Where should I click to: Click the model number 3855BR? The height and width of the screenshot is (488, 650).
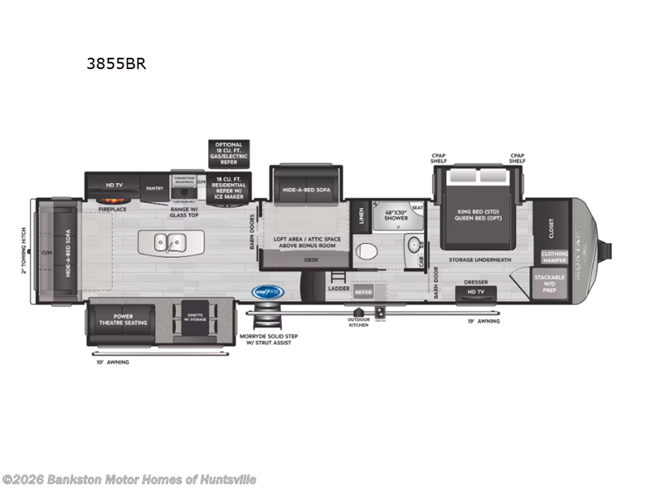pos(116,64)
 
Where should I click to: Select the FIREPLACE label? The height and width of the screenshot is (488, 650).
pos(112,209)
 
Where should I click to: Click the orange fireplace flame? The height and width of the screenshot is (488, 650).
pos(112,201)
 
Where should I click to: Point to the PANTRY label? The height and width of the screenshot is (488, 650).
pos(154,188)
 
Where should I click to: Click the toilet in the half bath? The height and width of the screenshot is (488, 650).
pos(366,250)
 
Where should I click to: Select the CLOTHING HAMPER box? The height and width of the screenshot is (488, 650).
pos(554,256)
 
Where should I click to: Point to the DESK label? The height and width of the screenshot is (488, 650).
pos(310,260)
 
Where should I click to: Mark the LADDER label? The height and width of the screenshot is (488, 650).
pos(338,288)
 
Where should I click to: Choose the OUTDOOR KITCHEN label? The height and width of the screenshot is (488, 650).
pos(358,322)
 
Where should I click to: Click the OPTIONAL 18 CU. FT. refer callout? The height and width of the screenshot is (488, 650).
pos(229,153)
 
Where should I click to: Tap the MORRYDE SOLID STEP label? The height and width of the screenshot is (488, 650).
pos(266,339)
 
